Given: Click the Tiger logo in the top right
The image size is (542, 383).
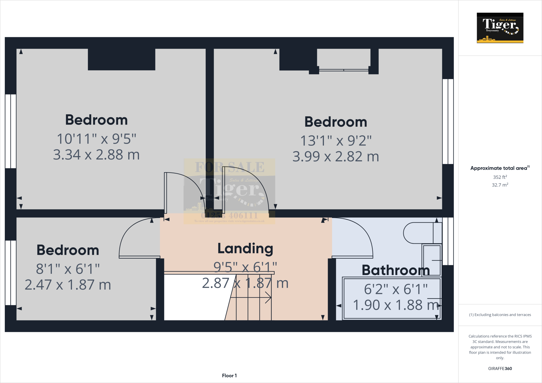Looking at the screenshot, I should point(500,28).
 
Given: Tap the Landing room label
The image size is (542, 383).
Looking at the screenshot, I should point(245,249).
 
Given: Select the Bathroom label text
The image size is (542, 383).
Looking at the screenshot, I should point(395,270).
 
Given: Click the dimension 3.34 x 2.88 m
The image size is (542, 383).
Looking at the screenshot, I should point(96,155).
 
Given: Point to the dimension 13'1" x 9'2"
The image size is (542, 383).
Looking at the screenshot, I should point(336,140).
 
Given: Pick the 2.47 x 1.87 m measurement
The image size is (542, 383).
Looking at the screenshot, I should point(68,285).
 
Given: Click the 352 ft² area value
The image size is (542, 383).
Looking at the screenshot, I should point(500,177).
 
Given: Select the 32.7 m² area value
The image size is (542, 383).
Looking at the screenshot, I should point(500,185).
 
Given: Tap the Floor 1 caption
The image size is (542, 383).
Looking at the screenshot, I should point(229,376).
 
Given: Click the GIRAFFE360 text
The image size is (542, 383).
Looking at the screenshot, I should point(500,368).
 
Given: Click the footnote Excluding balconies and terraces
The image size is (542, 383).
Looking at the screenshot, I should point(500,315).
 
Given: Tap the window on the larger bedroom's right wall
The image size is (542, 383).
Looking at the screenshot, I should point(448,121).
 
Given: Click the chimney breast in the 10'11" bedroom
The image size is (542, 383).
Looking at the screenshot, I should point(121,60).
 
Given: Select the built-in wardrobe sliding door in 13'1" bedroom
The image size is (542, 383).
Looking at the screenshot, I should point(344,70).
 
